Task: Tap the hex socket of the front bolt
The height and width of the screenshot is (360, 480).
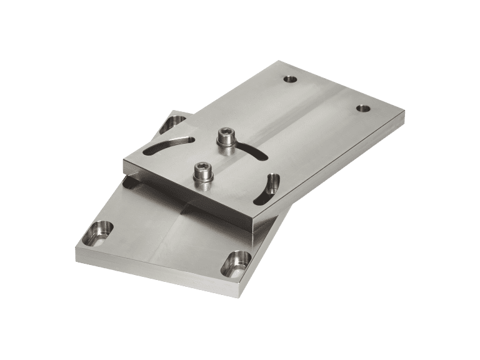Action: point(203,166)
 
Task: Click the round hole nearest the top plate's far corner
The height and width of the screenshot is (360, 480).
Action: point(290,79)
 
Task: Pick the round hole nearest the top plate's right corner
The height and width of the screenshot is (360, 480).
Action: point(362,108)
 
